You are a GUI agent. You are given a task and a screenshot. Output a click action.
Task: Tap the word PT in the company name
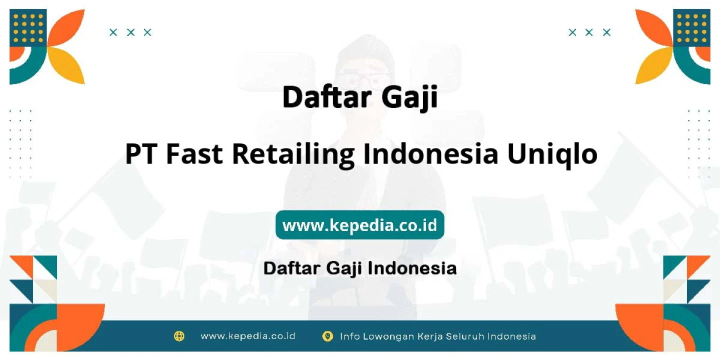pos(142,154)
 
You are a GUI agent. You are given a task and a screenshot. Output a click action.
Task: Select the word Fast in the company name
pos(194,154)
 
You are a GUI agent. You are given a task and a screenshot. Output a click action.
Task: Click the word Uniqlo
pos(552,155)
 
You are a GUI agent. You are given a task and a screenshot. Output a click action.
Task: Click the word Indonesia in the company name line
pos(430,154)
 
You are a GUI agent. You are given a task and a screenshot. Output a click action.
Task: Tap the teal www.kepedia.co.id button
pos(359,224)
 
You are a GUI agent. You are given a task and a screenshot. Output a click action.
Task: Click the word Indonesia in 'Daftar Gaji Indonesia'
pos(412,268)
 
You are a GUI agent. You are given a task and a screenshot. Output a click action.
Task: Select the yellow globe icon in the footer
pos(179,336)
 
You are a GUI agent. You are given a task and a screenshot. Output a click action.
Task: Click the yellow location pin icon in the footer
pos(327,336)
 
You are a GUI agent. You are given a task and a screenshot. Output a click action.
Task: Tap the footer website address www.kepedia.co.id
pos(248,336)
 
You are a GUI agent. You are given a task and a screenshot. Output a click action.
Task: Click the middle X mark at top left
pos(130,32)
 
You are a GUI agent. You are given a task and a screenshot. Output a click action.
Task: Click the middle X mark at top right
pos(589,32)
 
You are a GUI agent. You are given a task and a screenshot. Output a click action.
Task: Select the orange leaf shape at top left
pos(66,27)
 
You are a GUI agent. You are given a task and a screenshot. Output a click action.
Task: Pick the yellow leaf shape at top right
pos(654,65)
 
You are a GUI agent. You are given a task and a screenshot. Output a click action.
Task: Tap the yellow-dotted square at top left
pos(28,28)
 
